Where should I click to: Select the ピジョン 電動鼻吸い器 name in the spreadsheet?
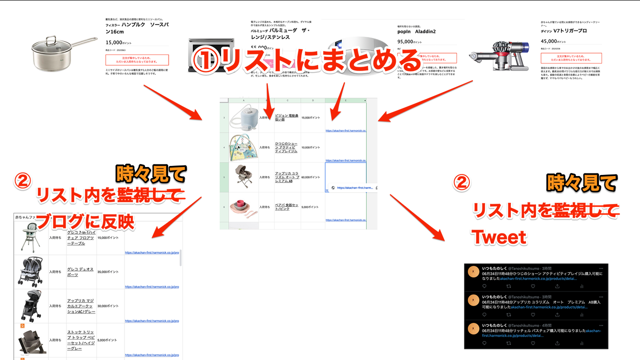tap(286, 117)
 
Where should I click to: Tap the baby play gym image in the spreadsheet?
tap(243, 147)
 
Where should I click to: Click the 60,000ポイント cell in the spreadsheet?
tap(312, 177)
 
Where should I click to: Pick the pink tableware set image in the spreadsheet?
tap(243, 207)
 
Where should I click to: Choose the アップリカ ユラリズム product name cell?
tap(287, 177)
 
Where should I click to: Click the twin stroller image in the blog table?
tap(31, 272)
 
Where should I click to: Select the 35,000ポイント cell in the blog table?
tap(110, 272)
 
